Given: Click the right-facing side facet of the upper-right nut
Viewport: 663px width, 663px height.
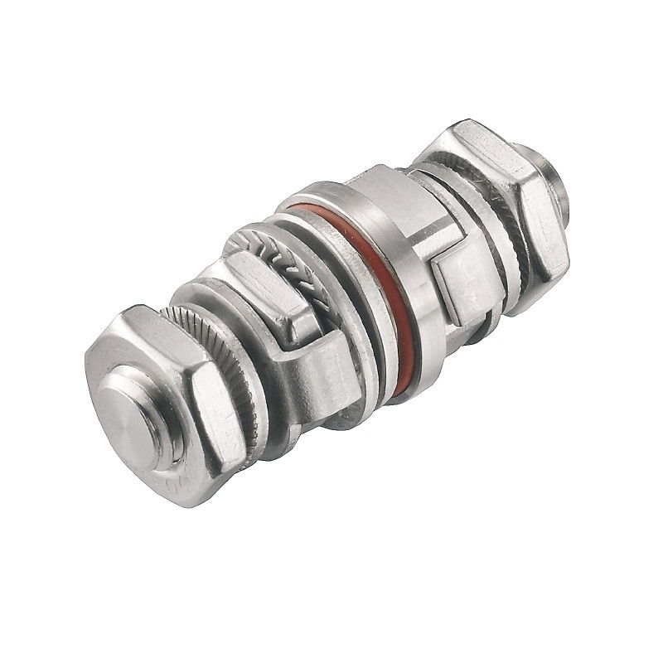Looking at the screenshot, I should tap(543, 232).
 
